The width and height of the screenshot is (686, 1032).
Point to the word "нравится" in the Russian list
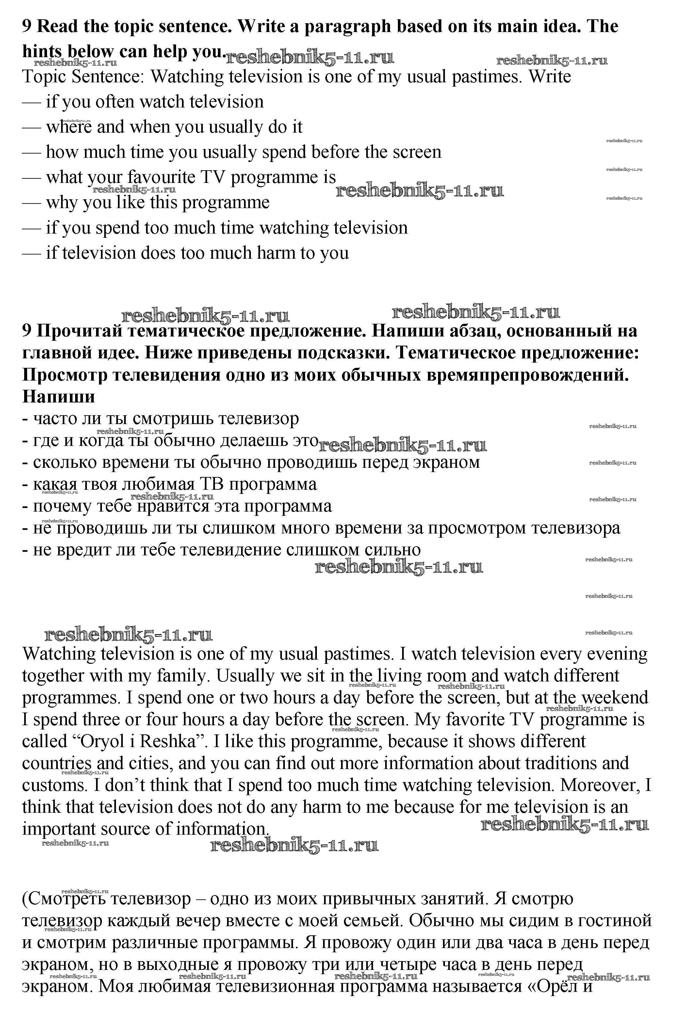(173, 506)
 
